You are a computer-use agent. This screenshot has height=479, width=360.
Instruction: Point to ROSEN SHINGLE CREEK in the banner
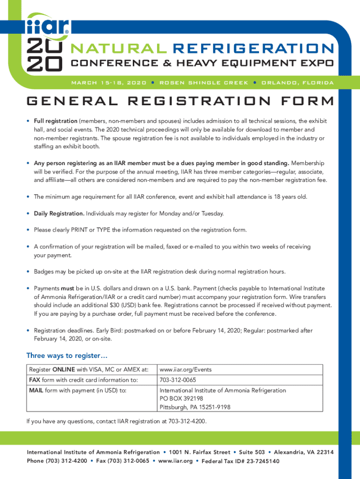(x=204, y=83)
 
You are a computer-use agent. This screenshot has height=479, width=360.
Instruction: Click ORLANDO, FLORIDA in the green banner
(x=297, y=83)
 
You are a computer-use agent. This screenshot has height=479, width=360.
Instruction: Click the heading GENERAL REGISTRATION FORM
(x=180, y=102)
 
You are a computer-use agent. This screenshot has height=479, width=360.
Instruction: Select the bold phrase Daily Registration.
(x=59, y=214)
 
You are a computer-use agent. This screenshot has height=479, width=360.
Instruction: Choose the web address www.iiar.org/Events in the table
(x=186, y=370)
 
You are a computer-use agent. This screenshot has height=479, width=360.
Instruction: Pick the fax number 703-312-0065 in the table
(x=178, y=380)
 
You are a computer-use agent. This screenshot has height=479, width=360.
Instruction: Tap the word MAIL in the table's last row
(x=36, y=390)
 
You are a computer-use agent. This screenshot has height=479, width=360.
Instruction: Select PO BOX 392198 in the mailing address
(x=181, y=399)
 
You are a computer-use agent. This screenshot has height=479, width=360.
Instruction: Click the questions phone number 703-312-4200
(x=187, y=421)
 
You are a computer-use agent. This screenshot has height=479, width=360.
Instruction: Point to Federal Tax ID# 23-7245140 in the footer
(x=240, y=461)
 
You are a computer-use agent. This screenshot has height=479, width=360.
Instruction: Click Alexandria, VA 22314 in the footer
(x=304, y=452)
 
